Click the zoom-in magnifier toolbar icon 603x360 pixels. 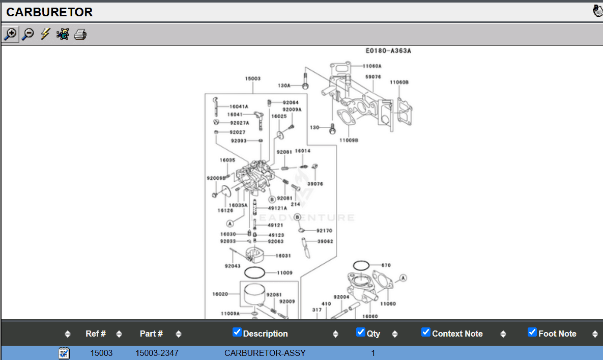[x=10, y=34]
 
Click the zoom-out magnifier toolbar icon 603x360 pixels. [x=28, y=34]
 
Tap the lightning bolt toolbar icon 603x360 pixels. [x=45, y=34]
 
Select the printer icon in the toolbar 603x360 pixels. [x=80, y=35]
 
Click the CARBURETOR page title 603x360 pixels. [x=49, y=12]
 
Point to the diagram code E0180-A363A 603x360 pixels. [x=388, y=51]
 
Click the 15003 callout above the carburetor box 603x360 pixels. [x=253, y=78]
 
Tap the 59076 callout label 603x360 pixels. [x=373, y=77]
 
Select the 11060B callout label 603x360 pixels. [x=399, y=82]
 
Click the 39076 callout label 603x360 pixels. [x=315, y=184]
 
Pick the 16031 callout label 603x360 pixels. [x=283, y=256]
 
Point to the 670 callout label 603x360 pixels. [x=386, y=265]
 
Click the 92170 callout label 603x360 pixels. [x=324, y=231]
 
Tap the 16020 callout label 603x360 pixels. [x=220, y=293]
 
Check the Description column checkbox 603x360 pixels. [x=237, y=333]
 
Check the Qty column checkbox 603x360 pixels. [x=361, y=333]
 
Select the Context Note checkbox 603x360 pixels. [x=426, y=333]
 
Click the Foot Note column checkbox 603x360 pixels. [x=532, y=333]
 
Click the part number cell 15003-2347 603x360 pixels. [x=157, y=353]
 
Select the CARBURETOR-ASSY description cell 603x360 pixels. [x=265, y=353]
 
